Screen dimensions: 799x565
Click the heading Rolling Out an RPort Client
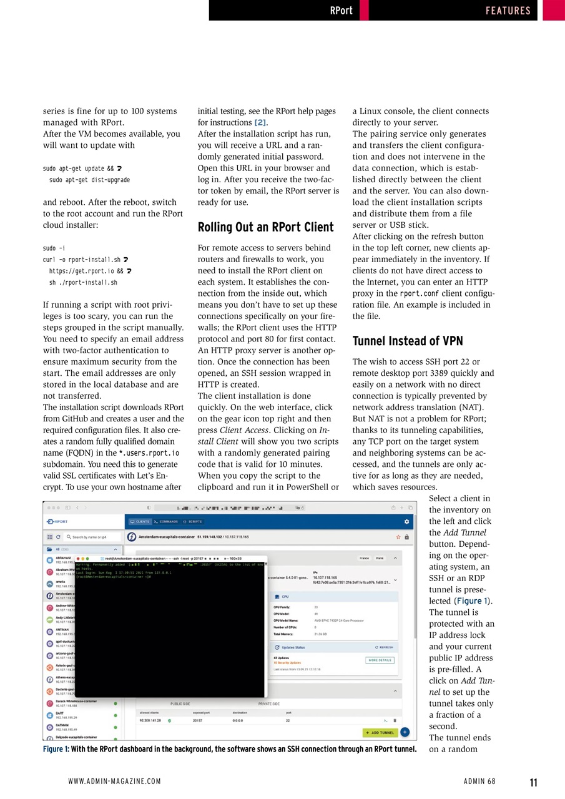(x=265, y=227)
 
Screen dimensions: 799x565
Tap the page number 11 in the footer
(x=533, y=782)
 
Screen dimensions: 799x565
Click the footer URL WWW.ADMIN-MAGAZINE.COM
(x=114, y=782)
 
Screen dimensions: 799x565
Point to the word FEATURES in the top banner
(x=508, y=11)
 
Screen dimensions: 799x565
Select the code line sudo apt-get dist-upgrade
(x=89, y=180)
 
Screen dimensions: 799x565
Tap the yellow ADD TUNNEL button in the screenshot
(x=380, y=732)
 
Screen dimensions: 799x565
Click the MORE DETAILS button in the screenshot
(x=380, y=660)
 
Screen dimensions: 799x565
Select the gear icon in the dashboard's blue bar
(x=406, y=521)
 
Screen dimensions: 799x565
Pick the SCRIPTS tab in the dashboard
(x=193, y=521)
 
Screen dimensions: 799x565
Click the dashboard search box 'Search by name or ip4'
(x=91, y=537)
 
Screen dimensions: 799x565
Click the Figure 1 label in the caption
(x=56, y=749)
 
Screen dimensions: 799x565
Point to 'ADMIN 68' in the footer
(x=479, y=782)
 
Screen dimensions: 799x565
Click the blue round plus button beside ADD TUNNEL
(x=405, y=732)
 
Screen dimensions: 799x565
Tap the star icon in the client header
(x=398, y=537)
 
